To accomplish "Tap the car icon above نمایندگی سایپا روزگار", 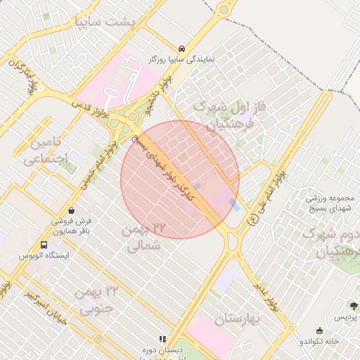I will [x=182, y=49].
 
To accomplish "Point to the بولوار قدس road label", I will [x=92, y=107].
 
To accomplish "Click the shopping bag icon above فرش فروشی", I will [x=72, y=210].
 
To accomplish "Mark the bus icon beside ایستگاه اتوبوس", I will [x=44, y=246].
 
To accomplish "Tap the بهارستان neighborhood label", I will [x=238, y=319].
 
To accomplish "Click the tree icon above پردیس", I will [x=354, y=306].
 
